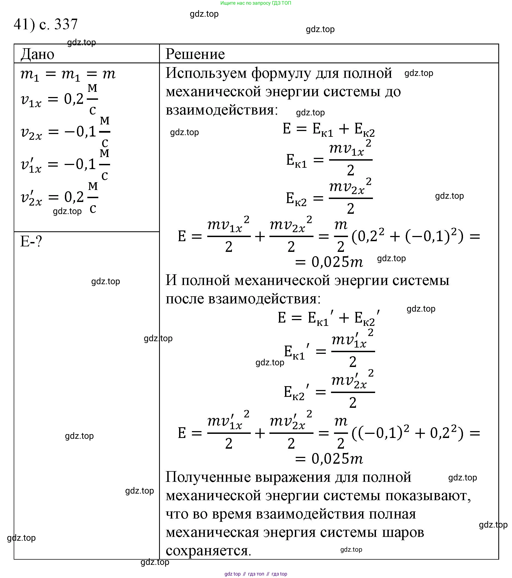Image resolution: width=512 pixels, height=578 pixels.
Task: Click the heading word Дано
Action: tap(37, 54)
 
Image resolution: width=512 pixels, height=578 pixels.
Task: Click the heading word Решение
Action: tap(195, 54)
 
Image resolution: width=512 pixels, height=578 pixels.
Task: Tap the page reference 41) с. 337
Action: tap(45, 24)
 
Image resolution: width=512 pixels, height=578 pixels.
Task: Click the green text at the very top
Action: tap(255, 3)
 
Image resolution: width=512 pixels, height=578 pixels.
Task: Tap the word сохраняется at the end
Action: tap(208, 551)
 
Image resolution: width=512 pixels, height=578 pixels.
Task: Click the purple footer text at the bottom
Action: tap(255, 574)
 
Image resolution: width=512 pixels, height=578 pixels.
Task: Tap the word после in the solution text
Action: tap(185, 299)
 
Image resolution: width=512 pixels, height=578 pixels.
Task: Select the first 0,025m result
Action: tap(337, 262)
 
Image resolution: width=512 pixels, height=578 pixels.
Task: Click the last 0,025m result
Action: tap(337, 459)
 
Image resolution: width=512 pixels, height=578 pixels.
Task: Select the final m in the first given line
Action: tap(109, 74)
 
